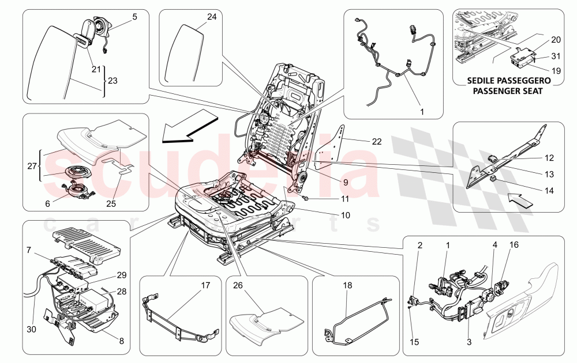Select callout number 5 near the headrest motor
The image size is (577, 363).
click(134, 17)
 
